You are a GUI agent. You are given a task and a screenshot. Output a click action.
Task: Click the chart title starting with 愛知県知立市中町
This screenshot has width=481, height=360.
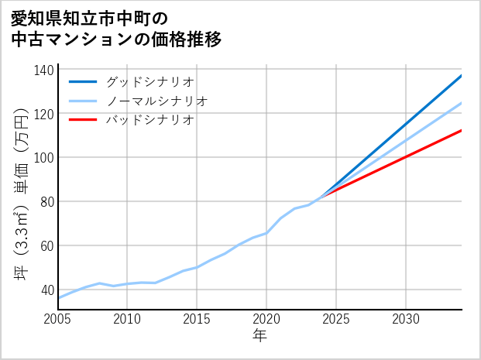pyautogui.click(x=116, y=29)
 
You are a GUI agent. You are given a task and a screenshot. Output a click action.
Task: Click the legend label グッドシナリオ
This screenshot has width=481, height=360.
pyautogui.click(x=149, y=81)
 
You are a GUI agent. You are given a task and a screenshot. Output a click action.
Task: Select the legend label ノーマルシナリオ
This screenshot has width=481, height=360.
pyautogui.click(x=156, y=101)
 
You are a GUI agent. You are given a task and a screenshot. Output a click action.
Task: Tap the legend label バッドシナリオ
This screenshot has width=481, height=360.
pyautogui.click(x=149, y=120)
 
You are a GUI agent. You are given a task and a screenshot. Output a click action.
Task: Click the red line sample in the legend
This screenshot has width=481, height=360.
pyautogui.click(x=83, y=120)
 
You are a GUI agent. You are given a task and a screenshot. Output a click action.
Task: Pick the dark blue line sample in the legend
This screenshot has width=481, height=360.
pyautogui.click(x=83, y=81)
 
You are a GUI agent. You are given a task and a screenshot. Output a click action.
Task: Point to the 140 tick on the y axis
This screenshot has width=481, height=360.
pyautogui.click(x=44, y=70)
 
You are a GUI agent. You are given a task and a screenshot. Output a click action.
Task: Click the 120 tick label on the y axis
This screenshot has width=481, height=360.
pyautogui.click(x=44, y=114)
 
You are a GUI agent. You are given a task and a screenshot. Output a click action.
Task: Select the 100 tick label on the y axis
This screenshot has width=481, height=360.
pyautogui.click(x=44, y=158)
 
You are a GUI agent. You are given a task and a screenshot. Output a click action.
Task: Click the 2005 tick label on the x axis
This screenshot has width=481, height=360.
pyautogui.click(x=58, y=319)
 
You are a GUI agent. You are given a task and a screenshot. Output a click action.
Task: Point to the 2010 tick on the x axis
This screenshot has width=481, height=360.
pyautogui.click(x=127, y=319)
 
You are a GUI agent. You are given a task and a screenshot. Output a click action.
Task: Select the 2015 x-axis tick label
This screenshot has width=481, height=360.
pyautogui.click(x=197, y=319)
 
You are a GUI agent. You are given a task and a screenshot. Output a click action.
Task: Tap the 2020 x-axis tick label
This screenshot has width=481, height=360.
pyautogui.click(x=266, y=319)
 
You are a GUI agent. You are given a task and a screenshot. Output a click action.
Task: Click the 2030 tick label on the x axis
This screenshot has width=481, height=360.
pyautogui.click(x=406, y=319)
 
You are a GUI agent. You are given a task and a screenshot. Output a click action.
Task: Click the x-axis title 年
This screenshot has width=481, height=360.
pyautogui.click(x=259, y=336)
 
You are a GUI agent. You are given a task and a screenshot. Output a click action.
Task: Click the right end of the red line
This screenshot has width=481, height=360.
pyautogui.click(x=461, y=130)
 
